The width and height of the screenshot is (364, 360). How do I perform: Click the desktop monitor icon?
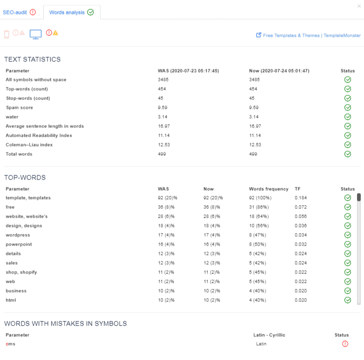[36, 34]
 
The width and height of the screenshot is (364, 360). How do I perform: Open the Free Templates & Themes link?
[311, 35]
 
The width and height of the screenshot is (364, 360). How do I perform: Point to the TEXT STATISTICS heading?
[33, 60]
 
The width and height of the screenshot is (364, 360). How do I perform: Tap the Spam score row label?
[19, 107]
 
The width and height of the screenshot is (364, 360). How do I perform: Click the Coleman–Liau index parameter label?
[29, 145]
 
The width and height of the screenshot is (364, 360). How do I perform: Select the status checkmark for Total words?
[347, 154]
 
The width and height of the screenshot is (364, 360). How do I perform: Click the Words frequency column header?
[269, 189]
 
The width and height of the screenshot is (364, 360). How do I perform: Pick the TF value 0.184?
[301, 198]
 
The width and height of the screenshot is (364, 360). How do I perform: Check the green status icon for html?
[347, 300]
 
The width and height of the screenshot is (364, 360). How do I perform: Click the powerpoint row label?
[19, 244]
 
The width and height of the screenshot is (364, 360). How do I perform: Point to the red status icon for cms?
[345, 344]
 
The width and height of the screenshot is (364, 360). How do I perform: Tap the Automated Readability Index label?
[39, 135]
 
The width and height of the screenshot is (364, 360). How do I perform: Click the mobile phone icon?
[7, 34]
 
